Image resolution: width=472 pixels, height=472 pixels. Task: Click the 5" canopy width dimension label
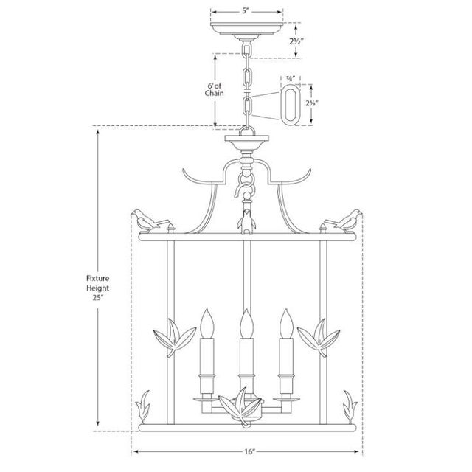tap(246, 10)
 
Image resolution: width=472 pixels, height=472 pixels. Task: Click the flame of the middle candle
tap(245, 322)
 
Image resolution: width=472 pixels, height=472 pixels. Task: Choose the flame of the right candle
tap(284, 322)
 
